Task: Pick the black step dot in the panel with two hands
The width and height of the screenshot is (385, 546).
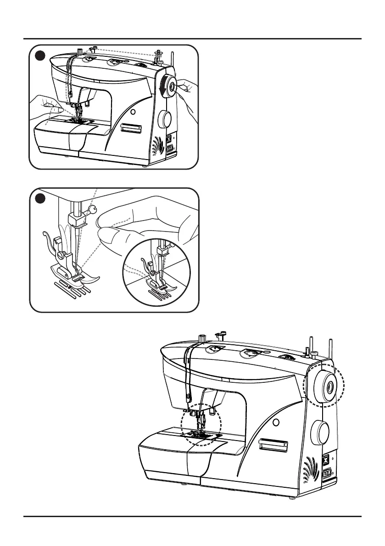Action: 40,55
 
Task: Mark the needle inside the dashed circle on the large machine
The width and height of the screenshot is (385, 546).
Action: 201,422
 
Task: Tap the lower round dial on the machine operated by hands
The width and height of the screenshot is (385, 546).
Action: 164,120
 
